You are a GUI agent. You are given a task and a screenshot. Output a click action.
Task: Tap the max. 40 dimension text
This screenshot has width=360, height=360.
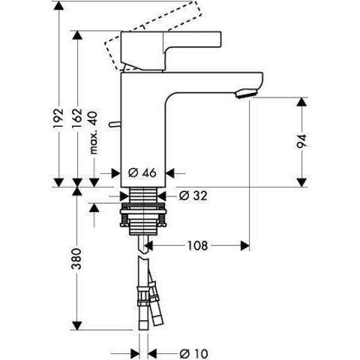coord(94,134)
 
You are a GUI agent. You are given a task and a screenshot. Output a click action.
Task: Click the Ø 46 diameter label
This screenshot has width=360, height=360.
coord(142,172)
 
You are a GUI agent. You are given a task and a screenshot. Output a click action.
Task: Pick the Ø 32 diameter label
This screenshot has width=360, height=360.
coord(193,196)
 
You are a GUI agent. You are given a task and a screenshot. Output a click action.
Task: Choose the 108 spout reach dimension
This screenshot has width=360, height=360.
coord(197,245)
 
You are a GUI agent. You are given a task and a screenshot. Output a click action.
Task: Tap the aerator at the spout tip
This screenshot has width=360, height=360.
coord(246,94)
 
